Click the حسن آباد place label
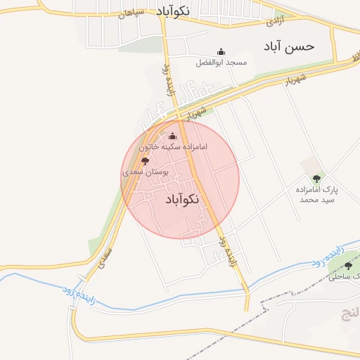289,46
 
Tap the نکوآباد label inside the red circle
182,200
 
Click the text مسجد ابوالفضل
222,63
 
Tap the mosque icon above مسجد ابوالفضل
221,51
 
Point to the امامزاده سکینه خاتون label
173,148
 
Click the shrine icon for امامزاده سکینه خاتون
173,136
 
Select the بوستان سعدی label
143,172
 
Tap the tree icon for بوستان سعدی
146,161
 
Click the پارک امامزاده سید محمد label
316,195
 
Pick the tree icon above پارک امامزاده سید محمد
316,179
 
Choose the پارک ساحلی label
343,276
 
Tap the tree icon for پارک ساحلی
349,265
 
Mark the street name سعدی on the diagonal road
106,255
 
